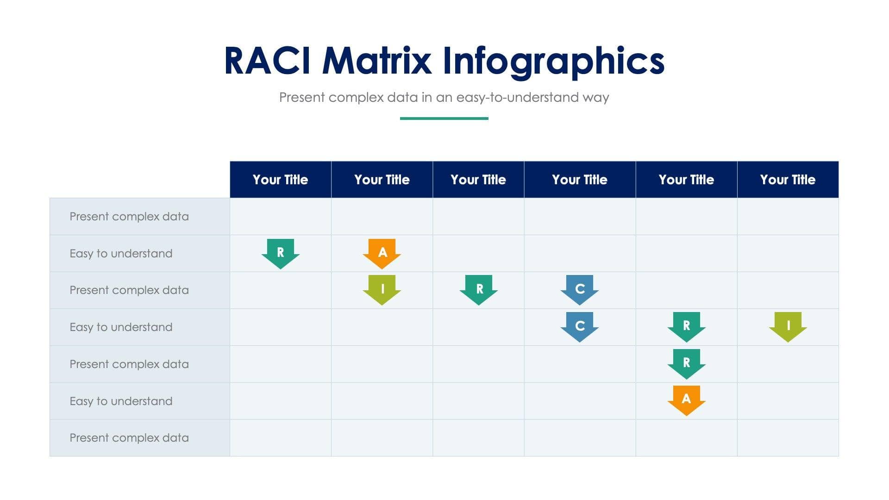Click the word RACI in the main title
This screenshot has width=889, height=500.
click(267, 61)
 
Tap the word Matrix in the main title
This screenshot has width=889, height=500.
click(376, 61)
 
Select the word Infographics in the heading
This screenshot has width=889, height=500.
click(553, 61)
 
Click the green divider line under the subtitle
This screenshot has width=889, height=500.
click(444, 119)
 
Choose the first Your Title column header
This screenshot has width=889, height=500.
click(280, 180)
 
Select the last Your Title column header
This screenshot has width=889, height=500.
click(788, 180)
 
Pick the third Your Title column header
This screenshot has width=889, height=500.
click(478, 180)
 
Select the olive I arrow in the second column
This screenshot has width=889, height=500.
click(382, 289)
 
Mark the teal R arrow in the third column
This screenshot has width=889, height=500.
click(479, 289)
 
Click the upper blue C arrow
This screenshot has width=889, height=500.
click(580, 289)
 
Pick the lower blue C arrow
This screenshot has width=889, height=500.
click(580, 326)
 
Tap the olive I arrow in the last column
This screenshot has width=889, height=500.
click(788, 326)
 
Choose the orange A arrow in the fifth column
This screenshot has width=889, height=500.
click(686, 400)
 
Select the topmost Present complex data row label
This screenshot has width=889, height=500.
click(129, 217)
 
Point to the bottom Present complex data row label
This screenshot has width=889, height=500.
click(129, 438)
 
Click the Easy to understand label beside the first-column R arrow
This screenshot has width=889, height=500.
click(121, 254)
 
